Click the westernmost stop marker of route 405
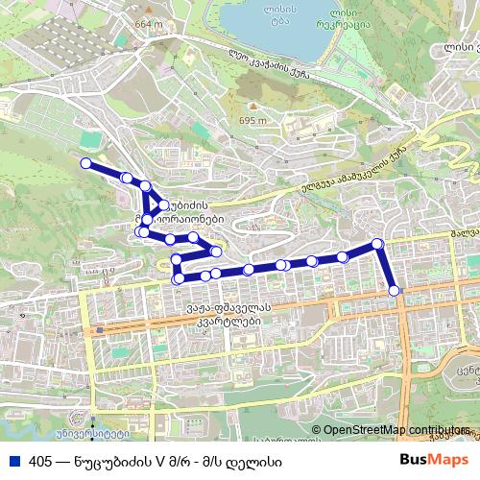coord(85,163)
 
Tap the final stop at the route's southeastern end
coord(395,290)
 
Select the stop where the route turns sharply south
coord(377,244)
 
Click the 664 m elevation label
coord(150,24)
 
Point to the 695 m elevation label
coord(252,121)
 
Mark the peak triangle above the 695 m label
coord(252,107)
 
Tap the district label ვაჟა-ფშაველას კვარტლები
coord(225,315)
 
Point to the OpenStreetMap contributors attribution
coord(395,430)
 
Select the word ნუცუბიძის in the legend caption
coord(113,460)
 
